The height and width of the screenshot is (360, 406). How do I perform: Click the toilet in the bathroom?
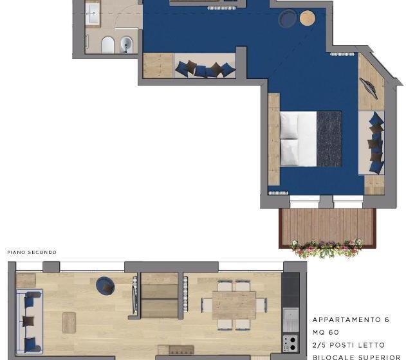pos(108,44)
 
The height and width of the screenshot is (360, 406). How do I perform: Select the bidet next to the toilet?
pos(126,44)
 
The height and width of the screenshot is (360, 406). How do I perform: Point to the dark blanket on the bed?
pos(329,139)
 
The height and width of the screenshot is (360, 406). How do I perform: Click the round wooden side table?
pos(308,18)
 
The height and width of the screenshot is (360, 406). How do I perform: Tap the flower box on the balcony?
pos(326,247)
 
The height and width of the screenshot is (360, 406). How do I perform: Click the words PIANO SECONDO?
pos(32,252)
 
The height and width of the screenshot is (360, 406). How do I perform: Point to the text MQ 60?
pos(326,332)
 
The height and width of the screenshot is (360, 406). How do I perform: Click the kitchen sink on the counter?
pos(291,316)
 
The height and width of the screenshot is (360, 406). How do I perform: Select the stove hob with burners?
pos(291,343)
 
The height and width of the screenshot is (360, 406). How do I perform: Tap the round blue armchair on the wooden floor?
pos(105,285)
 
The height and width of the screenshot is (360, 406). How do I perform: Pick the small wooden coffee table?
pos(69,322)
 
